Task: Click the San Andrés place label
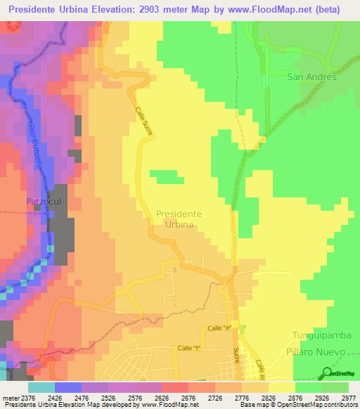312,77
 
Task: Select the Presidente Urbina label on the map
179,219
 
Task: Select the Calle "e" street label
219,329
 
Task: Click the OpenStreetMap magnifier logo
327,372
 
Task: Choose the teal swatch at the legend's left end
41,387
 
